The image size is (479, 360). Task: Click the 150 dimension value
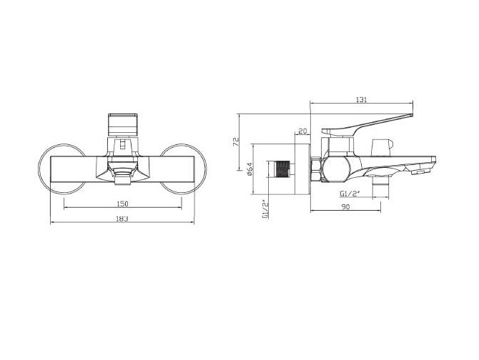[x=122, y=204]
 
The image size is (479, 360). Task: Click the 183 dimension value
[x=122, y=219]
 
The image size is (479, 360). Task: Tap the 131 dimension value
[x=361, y=99]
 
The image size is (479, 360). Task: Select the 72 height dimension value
[x=236, y=142]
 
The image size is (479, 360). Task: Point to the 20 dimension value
[x=302, y=131]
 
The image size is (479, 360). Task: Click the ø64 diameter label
[x=249, y=169]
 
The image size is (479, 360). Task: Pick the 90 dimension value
[x=345, y=207]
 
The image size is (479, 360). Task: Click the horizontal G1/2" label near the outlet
[x=350, y=194]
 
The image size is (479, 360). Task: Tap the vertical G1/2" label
[x=265, y=209]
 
